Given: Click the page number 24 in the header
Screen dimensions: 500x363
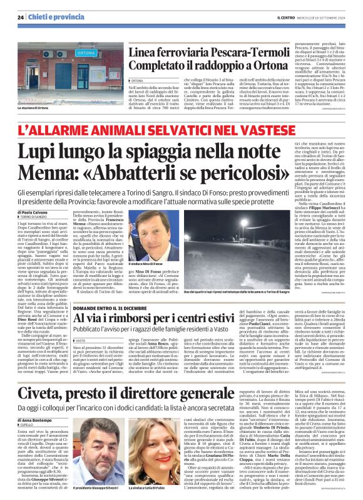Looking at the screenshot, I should click(21, 16).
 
